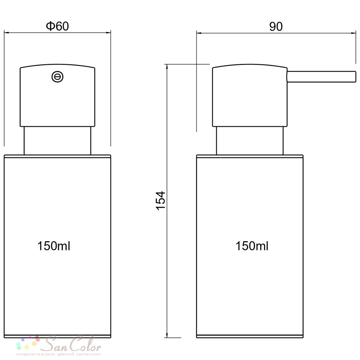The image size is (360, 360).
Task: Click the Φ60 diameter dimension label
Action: (x=57, y=26)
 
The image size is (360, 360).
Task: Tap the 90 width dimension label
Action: (x=276, y=27)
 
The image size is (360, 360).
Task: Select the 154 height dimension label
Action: (x=161, y=201)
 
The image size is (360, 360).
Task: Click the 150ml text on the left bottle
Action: (x=54, y=246)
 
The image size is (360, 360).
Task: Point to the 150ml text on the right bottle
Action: (x=252, y=246)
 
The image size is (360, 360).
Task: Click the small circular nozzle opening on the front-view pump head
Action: (x=57, y=77)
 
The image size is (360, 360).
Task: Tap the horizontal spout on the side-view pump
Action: (x=321, y=76)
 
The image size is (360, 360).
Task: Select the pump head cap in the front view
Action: (x=57, y=95)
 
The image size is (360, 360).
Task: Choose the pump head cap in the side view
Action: (x=249, y=95)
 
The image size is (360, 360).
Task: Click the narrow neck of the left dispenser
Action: (x=57, y=141)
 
